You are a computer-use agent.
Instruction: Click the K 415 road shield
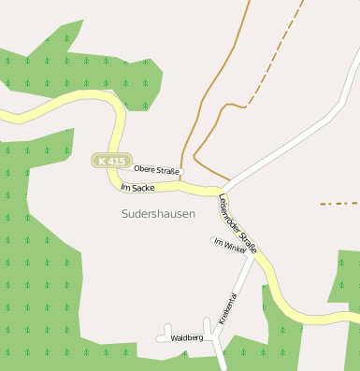[x=110, y=161]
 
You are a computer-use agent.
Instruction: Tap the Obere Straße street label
[x=156, y=169]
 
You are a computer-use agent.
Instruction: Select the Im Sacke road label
[x=137, y=188]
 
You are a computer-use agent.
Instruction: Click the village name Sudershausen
[x=159, y=214]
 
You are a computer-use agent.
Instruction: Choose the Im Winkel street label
[x=230, y=245]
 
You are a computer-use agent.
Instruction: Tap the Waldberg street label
[x=188, y=337]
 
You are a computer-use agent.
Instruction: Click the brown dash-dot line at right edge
[x=338, y=203]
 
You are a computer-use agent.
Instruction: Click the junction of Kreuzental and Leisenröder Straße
[x=252, y=258]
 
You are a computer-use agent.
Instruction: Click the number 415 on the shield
[x=116, y=161]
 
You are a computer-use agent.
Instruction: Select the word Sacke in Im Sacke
[x=143, y=189]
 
